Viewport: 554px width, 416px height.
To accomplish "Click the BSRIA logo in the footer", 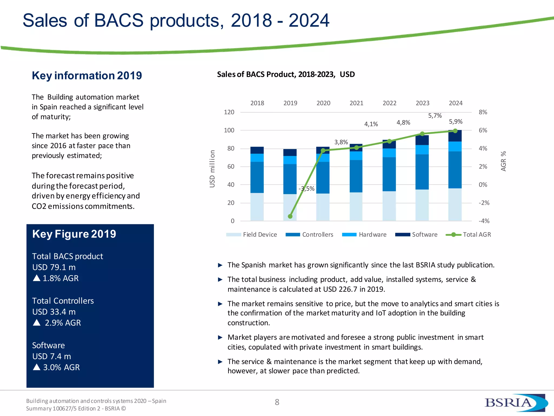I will click(x=515, y=403).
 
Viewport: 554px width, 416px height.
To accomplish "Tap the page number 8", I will click(x=277, y=402).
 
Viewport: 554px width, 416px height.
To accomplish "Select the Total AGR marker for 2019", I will click(x=290, y=216).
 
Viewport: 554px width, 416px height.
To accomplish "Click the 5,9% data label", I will click(x=456, y=122).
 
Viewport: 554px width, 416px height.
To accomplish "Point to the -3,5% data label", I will click(x=306, y=188).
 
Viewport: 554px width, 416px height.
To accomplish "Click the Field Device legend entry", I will click(x=252, y=235).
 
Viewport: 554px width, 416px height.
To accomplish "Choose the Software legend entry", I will click(x=416, y=235).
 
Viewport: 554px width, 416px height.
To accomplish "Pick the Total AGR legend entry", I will click(x=468, y=235).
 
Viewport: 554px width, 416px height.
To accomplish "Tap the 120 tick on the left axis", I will click(x=229, y=112).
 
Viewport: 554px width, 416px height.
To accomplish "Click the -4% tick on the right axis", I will click(x=484, y=221).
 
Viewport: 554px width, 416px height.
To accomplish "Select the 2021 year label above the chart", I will click(x=356, y=103).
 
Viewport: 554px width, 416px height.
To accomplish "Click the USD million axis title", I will click(x=212, y=169).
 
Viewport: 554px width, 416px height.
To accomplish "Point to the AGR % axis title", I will click(x=503, y=161).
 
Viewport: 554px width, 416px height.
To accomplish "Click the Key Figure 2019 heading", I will click(x=74, y=234).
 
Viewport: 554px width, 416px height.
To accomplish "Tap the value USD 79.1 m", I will click(x=54, y=267).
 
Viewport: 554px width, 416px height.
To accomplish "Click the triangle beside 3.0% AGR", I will click(x=37, y=367).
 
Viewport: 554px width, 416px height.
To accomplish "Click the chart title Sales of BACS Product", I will click(x=286, y=74).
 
